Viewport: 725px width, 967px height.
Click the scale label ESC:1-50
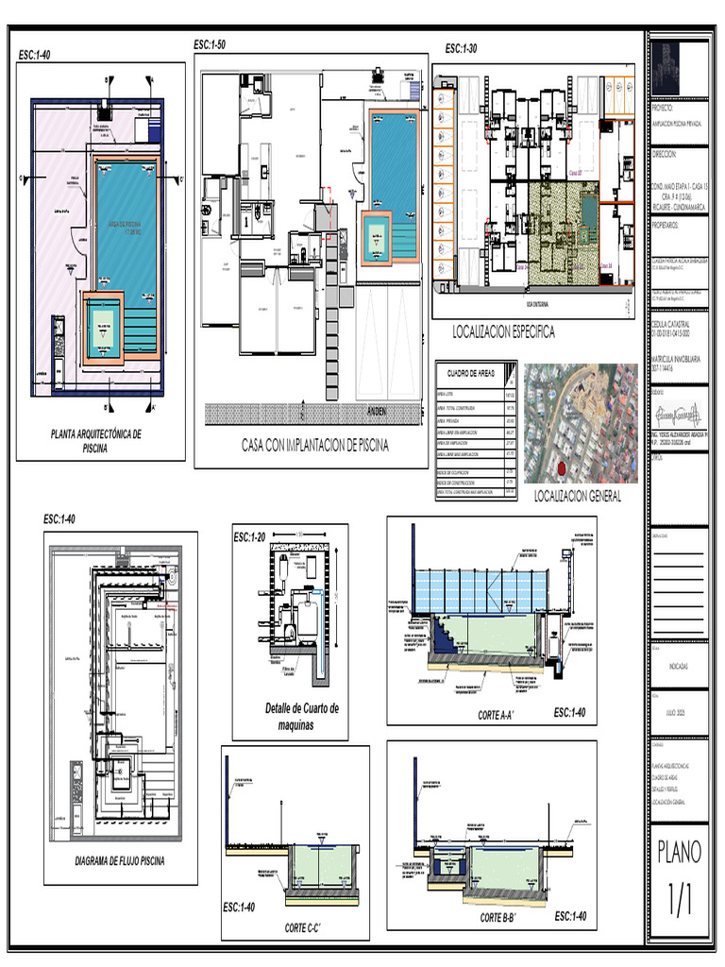(x=209, y=44)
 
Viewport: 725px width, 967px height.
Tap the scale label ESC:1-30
(x=461, y=49)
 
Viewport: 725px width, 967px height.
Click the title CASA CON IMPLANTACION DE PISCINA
(x=314, y=446)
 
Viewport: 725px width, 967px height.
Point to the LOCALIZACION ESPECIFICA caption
(x=504, y=332)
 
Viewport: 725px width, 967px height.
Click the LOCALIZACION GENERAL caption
(x=577, y=497)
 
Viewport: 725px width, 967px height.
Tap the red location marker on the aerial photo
(x=561, y=468)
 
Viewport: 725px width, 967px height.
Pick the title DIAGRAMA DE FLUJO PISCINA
(x=120, y=861)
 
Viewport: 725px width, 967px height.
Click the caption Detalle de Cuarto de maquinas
(x=301, y=717)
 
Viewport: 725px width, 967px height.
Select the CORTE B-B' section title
(x=503, y=918)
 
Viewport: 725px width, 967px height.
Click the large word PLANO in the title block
(x=679, y=852)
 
